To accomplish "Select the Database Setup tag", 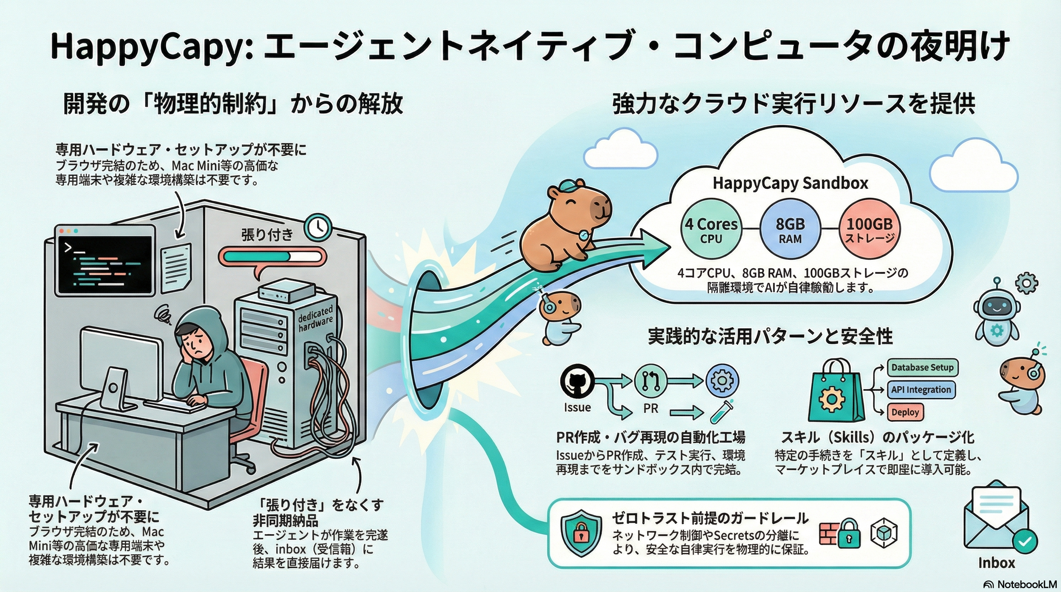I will tap(922, 368).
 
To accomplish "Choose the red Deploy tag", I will tap(905, 412).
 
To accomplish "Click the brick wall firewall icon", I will tap(828, 533).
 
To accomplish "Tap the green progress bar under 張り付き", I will tap(272, 256).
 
